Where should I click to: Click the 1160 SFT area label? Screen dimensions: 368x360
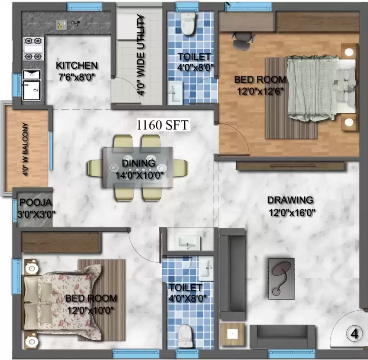tap(162, 125)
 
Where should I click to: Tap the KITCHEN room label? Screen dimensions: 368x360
tap(77, 65)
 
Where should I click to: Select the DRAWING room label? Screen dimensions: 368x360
tap(290, 200)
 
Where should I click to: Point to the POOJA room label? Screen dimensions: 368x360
tap(36, 202)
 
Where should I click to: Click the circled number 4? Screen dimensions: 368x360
tap(354, 334)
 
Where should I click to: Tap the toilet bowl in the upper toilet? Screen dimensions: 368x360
tap(188, 24)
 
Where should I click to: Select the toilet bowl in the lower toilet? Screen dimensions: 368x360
tap(185, 336)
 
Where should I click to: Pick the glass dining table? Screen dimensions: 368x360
tap(138, 167)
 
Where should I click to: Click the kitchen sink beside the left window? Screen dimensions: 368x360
tap(32, 85)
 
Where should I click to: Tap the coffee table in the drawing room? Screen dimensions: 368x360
tap(281, 278)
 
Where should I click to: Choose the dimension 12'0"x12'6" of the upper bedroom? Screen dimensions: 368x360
tap(260, 91)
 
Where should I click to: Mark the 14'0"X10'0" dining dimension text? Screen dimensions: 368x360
tap(139, 175)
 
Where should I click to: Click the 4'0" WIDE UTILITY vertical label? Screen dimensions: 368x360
tap(141, 55)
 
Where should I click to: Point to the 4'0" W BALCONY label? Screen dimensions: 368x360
tap(25, 149)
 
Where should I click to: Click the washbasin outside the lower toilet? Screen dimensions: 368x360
tap(190, 242)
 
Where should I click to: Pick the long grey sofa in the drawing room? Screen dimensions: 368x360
tap(232, 274)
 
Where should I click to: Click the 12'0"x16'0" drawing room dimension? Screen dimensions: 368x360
tap(292, 213)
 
